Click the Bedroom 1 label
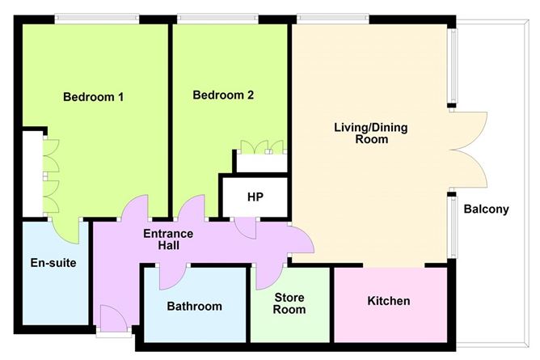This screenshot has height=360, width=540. pos(93,97)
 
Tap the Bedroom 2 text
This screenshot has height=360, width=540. pos(223,95)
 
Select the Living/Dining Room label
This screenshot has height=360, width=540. pos(361,133)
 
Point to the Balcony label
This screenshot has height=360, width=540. pos(486,210)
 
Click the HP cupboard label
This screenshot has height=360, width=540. pos(255,197)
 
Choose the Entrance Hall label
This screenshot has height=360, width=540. pos(168,240)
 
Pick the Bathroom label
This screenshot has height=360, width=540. pos(194,307)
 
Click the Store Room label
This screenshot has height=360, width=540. pos(289,303)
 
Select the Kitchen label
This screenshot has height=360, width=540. pos(389,301)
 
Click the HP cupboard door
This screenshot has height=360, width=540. pos(247,227)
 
